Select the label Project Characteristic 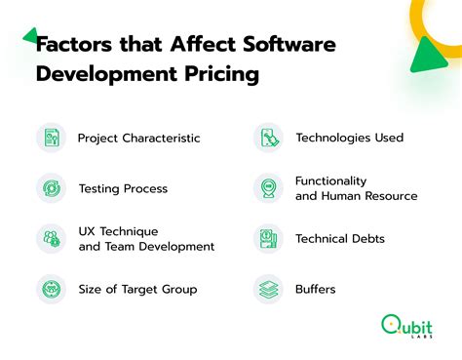tap(138, 138)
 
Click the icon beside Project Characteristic tap(52, 138)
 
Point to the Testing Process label tap(123, 188)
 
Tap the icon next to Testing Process tap(52, 188)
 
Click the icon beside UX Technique tap(52, 239)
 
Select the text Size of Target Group tap(136, 289)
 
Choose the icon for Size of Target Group tap(52, 289)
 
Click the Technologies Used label tap(349, 138)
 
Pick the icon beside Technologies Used tap(269, 138)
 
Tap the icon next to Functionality tap(269, 188)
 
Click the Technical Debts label tap(340, 239)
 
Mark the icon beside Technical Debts tap(269, 239)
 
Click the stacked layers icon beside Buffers tap(269, 289)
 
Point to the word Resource tap(388, 196)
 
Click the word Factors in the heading tap(71, 44)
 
